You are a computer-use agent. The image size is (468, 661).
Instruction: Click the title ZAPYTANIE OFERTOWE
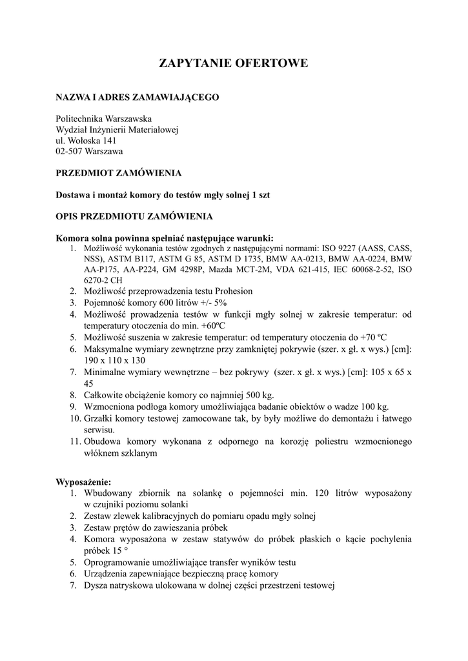pos(234,63)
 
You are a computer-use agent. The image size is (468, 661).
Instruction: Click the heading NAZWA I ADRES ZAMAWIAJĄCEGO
pos(137,97)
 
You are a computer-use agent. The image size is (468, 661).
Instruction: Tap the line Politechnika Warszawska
pos(104,119)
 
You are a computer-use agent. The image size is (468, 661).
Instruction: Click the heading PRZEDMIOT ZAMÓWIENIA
pos(119,173)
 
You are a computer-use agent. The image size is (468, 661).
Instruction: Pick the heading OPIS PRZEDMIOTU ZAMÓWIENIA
pos(134,216)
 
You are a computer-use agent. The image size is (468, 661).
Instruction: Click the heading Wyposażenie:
pos(83,482)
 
